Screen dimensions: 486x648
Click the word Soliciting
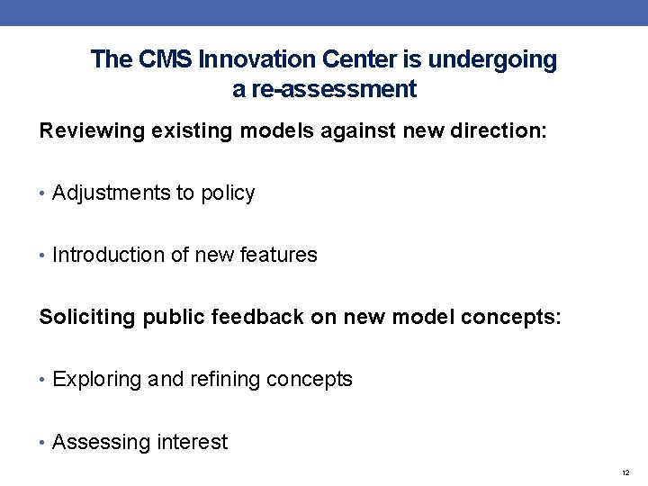pos(87,317)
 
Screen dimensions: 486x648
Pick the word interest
pos(193,443)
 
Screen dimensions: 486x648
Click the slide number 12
pos(625,472)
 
